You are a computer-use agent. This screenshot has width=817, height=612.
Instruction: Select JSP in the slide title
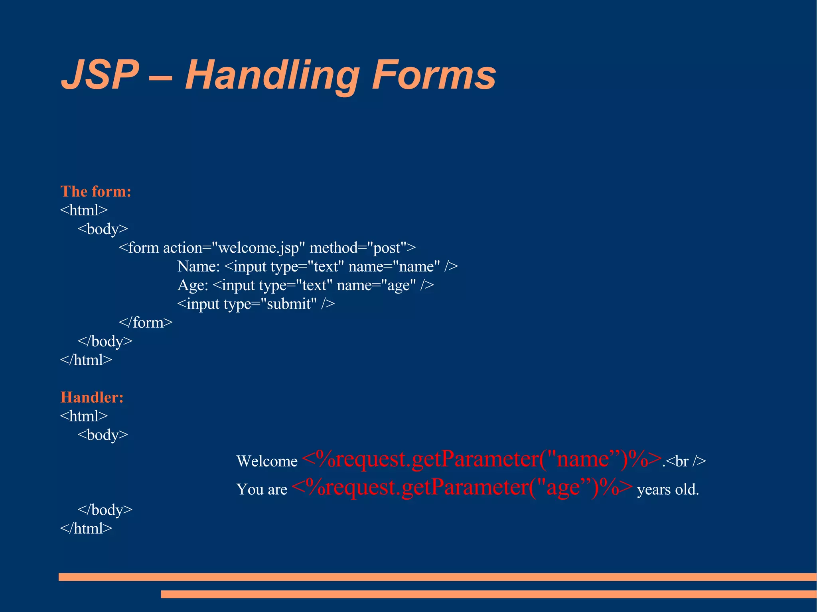click(100, 75)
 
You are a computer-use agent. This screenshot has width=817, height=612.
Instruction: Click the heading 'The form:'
click(96, 191)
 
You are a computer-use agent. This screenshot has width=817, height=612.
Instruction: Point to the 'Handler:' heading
click(92, 397)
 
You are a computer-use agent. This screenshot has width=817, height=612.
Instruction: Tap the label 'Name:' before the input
click(199, 266)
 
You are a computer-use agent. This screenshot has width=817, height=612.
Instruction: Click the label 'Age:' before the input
click(193, 285)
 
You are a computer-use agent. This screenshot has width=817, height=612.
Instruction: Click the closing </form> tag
click(146, 323)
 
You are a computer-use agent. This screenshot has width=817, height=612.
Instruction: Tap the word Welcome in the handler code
click(267, 461)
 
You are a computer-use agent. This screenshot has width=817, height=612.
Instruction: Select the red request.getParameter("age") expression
click(462, 488)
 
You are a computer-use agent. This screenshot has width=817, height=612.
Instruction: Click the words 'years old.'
click(668, 490)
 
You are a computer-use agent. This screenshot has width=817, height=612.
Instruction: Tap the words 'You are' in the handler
click(262, 490)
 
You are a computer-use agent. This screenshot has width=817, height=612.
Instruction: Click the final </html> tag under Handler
click(86, 529)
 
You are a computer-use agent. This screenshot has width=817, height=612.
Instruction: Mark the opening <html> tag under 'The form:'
click(84, 210)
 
